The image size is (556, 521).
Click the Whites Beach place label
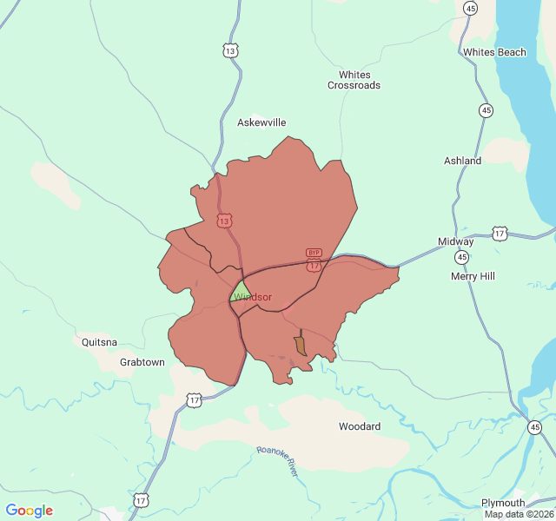(494, 52)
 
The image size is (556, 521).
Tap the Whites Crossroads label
(354, 80)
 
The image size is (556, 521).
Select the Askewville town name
(261, 122)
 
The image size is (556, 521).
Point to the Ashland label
(462, 161)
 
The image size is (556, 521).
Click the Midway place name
(455, 241)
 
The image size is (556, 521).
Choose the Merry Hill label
(473, 276)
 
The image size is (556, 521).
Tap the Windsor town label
(253, 297)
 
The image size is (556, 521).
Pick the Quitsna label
(99, 342)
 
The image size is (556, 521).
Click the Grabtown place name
(142, 362)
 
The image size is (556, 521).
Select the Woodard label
(360, 426)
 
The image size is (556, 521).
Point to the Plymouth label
(503, 503)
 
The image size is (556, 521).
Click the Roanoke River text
(278, 460)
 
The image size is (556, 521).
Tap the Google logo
(30, 511)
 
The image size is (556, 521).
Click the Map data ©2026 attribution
(519, 514)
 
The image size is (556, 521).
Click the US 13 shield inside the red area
(225, 221)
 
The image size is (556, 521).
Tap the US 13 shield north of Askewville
(229, 51)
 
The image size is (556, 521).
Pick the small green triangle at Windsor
(240, 291)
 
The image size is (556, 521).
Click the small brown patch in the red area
(301, 346)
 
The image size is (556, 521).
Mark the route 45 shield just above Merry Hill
(461, 258)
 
